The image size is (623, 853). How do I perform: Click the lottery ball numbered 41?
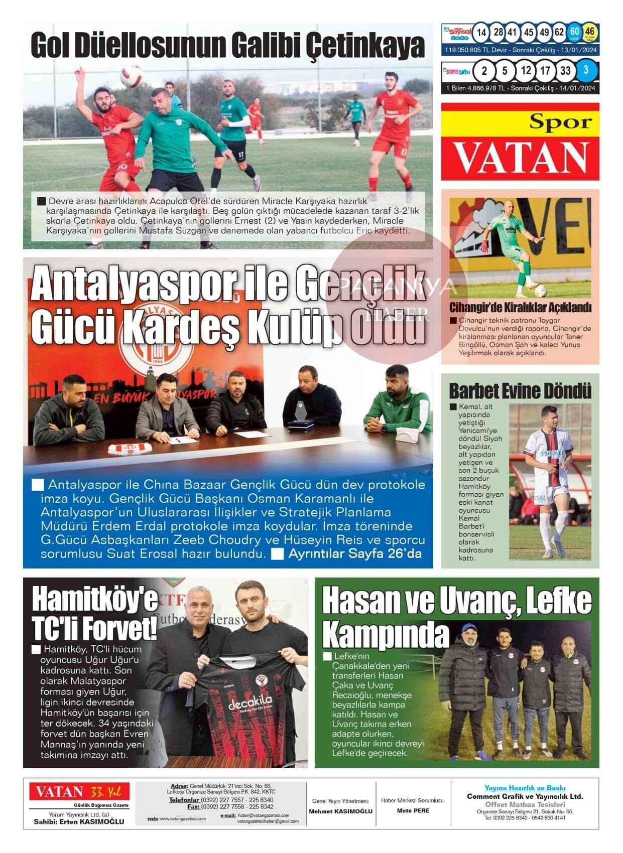pos(512,33)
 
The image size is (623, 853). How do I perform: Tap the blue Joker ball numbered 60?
pos(574,33)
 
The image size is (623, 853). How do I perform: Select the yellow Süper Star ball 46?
pos(590,33)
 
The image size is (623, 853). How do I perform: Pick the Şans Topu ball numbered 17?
pos(545,71)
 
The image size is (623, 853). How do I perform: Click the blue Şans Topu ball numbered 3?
pos(586,71)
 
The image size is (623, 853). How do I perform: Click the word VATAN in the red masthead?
pos(521,157)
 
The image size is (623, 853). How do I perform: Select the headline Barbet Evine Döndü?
pos(520,391)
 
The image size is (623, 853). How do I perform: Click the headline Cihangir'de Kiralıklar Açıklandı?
pos(520,308)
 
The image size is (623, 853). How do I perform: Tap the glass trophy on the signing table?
pos(302,412)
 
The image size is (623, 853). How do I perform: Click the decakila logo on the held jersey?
pos(250,703)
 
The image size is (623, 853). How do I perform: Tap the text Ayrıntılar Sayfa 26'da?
pos(355,554)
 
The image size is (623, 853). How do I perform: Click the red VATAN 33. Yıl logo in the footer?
pos(79,792)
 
